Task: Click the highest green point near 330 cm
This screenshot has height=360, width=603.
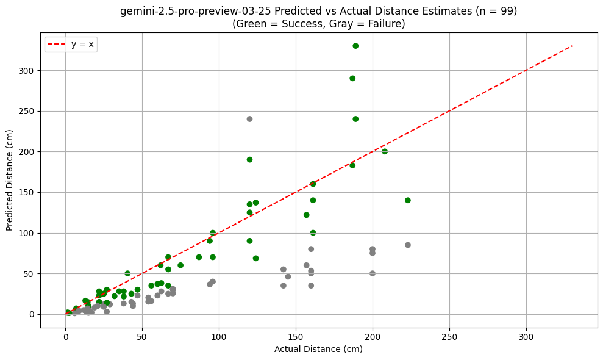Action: coord(355,46)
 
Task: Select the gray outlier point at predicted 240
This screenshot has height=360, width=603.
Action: coord(249,119)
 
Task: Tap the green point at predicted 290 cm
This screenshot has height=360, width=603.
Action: coord(352,78)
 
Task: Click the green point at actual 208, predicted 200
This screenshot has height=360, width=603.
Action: coord(385,151)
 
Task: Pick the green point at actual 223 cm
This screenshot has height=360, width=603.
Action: coord(408,200)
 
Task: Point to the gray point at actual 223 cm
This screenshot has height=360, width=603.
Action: coord(408,245)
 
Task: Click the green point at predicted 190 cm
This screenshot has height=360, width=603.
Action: coord(249,160)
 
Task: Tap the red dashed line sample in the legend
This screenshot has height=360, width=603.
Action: coord(60,45)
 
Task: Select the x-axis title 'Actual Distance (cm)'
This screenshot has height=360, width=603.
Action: coord(318,349)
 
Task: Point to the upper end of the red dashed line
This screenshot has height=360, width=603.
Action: coord(572,46)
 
